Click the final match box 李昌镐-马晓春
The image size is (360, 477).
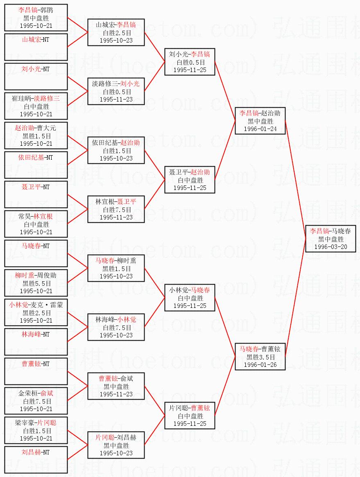pos(331,238)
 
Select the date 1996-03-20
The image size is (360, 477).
pos(331,247)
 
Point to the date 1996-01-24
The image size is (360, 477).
pos(260,129)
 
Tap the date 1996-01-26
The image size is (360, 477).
pos(260,365)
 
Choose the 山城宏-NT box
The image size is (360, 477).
pos(36,47)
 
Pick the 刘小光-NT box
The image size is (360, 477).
pos(36,76)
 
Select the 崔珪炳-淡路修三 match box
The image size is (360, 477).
pos(36,106)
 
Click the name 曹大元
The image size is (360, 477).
pos(47,128)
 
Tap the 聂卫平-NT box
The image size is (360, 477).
pos(36,194)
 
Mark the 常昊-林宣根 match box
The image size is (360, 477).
pos(36,224)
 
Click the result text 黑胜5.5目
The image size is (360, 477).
pos(36,283)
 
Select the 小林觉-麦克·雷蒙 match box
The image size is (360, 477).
pos(36,312)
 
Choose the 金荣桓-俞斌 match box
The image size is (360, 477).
pos(36,400)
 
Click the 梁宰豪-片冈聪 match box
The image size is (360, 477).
pos(36,430)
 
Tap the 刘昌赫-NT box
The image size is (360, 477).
pos(36,459)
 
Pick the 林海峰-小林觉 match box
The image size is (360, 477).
pos(116,327)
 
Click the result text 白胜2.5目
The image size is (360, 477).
pos(116,33)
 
